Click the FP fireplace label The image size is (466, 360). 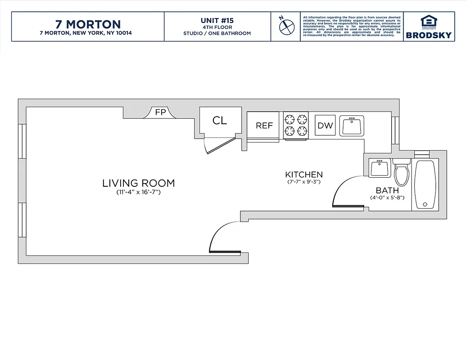[160, 112]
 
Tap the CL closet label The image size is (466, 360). [220, 121]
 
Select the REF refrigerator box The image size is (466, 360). [264, 126]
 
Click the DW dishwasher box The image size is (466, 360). [325, 126]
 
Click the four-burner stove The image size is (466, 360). [296, 125]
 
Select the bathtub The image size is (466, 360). [425, 184]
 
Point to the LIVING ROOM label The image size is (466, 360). [138, 183]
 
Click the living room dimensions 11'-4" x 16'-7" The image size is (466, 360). [138, 193]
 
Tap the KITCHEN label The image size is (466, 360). [304, 175]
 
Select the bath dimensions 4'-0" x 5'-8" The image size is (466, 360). [387, 198]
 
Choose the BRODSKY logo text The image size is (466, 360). [429, 35]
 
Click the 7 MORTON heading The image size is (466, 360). [88, 24]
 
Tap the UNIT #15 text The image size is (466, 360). [217, 21]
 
